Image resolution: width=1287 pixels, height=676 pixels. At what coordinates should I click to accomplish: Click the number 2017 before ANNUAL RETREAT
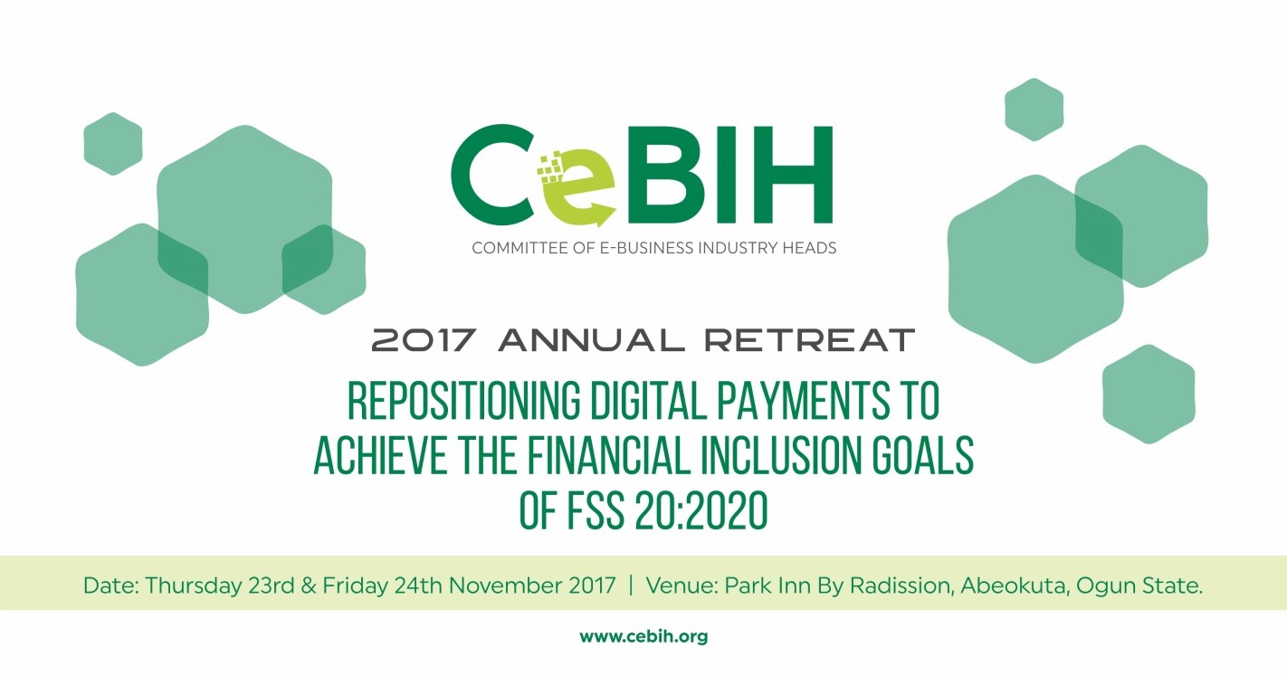424,341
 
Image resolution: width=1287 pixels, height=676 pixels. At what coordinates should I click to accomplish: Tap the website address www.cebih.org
643,637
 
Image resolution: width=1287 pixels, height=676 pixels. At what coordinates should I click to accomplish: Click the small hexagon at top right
1034,109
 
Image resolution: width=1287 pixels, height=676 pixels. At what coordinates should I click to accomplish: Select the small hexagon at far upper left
113,144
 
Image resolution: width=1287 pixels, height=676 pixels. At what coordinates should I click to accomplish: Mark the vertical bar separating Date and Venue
630,586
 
